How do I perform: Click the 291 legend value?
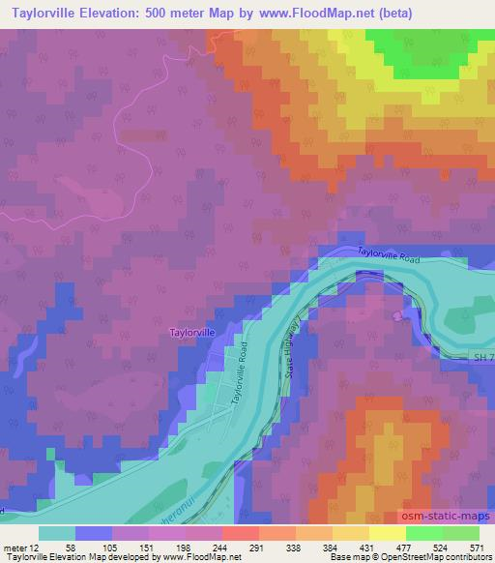tap(256, 547)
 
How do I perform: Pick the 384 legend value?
tap(345, 547)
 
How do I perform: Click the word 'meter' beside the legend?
tap(15, 547)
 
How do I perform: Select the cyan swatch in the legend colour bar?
tap(58, 533)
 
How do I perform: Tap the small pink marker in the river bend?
tap(398, 315)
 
